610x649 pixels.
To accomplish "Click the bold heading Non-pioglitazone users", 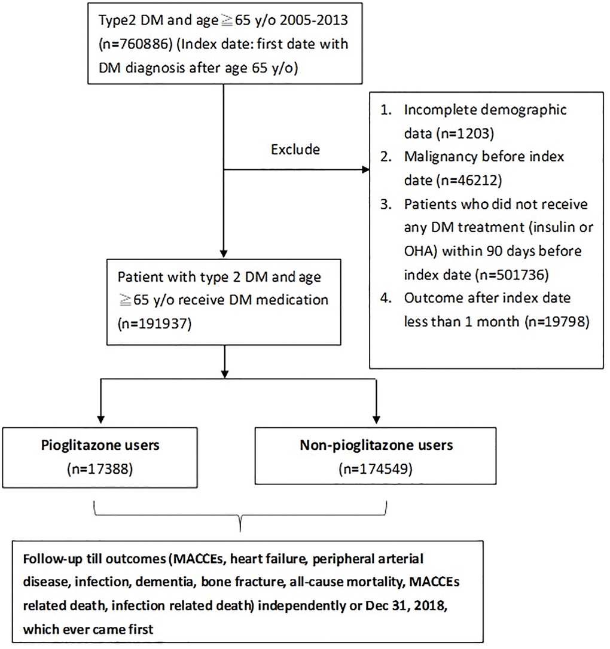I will [374, 446].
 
